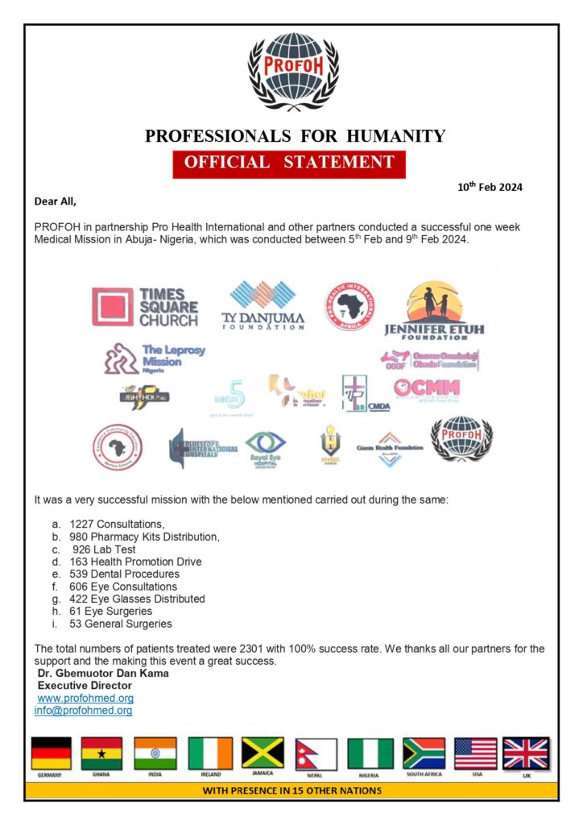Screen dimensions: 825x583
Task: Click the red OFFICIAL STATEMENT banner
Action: pos(289,162)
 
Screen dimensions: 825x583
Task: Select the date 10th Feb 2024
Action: pos(490,187)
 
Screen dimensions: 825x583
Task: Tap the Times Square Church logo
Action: pos(146,307)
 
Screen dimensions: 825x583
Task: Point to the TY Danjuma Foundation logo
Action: pos(263,305)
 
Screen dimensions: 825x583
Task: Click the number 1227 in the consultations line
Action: pos(83,524)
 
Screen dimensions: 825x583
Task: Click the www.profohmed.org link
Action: pos(85,699)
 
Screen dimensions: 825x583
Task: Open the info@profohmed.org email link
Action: pos(83,711)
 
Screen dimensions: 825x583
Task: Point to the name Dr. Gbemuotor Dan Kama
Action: pos(103,674)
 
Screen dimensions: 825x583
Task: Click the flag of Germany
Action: pos(51,754)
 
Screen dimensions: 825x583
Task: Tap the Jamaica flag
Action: pos(263,754)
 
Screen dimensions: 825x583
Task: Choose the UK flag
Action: pos(526,754)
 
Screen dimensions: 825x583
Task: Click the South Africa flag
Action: pos(424,754)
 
